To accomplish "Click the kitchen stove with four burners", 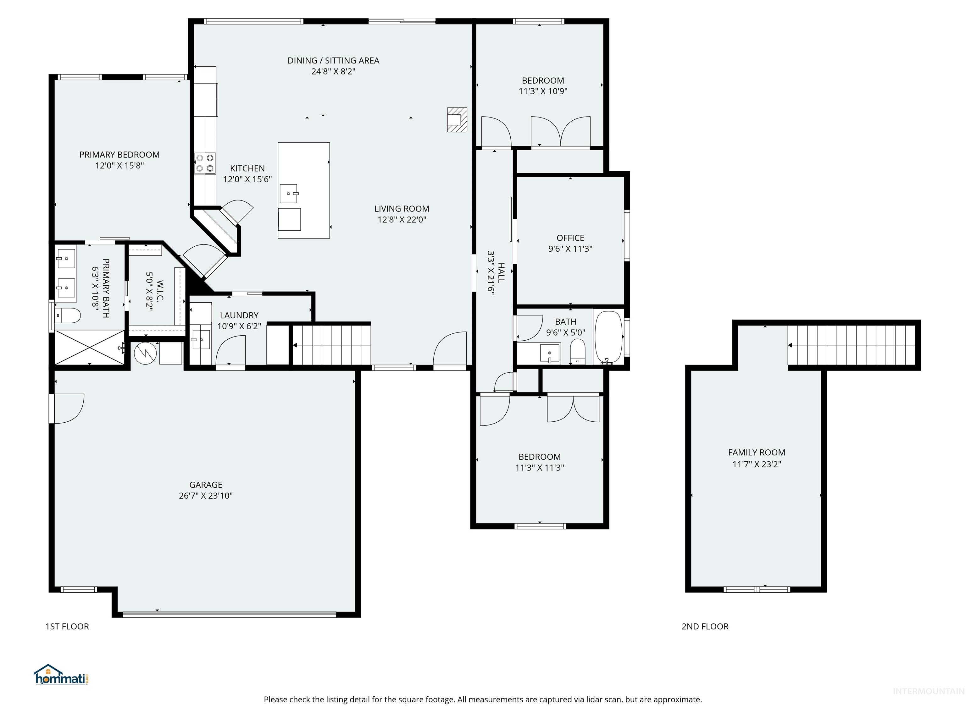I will [x=205, y=163].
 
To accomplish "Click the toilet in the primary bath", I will [x=68, y=315].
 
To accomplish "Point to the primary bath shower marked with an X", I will [x=90, y=347].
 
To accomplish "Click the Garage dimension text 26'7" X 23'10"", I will [x=205, y=496].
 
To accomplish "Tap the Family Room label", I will [x=756, y=452].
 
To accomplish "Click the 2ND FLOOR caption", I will [x=705, y=627].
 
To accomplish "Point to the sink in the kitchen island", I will [x=289, y=193].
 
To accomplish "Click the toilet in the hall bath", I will [x=578, y=352].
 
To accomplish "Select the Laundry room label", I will [x=239, y=315].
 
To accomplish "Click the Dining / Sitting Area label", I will [x=333, y=61].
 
